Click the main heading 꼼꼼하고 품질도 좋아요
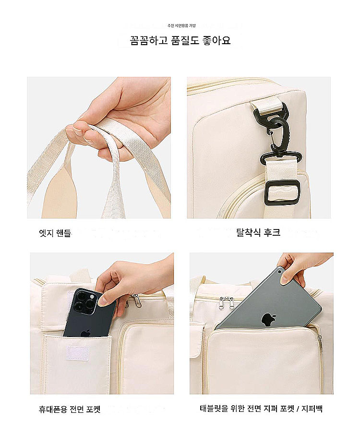click(180, 40)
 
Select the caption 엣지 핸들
click(55, 233)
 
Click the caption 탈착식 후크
click(258, 232)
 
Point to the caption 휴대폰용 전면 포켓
click(70, 410)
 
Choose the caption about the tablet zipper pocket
click(261, 409)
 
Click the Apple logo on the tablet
click(266, 319)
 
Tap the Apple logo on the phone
click(85, 333)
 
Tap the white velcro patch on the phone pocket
click(78, 353)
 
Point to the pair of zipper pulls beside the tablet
click(227, 303)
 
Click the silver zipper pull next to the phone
click(137, 301)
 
